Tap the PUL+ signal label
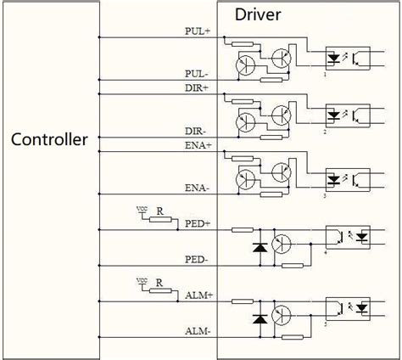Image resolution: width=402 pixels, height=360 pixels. (x=198, y=31)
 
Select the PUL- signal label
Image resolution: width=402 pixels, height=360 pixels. (x=198, y=75)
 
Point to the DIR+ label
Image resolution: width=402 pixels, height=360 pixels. (x=198, y=88)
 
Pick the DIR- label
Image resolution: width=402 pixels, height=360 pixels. (x=198, y=132)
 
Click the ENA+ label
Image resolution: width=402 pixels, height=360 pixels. (x=198, y=145)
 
